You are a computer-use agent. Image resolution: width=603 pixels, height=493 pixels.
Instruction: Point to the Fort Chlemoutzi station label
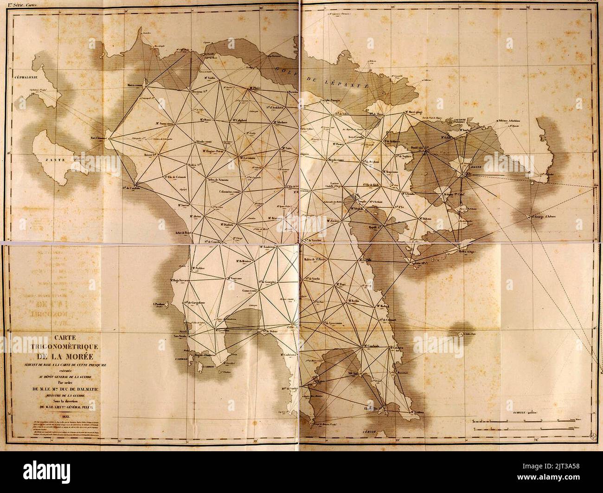[98, 138]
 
